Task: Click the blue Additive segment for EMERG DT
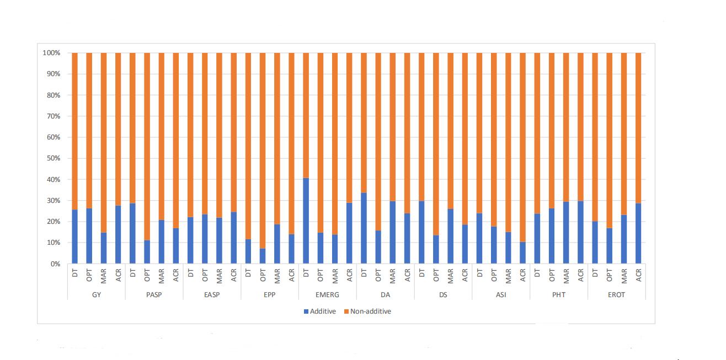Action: click(306, 221)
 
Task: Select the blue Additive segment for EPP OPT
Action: click(263, 256)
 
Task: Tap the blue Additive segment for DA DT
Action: click(364, 228)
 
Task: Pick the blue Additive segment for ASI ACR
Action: click(522, 253)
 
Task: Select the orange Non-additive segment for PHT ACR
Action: click(580, 127)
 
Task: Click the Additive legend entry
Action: click(319, 311)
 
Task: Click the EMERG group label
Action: click(328, 295)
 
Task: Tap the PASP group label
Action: click(154, 295)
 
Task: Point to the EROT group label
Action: click(616, 295)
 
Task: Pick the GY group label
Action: click(96, 295)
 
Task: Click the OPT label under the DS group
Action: click(436, 275)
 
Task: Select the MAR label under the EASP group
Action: click(219, 276)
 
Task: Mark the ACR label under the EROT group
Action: click(638, 275)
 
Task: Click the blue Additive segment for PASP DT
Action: click(132, 234)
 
